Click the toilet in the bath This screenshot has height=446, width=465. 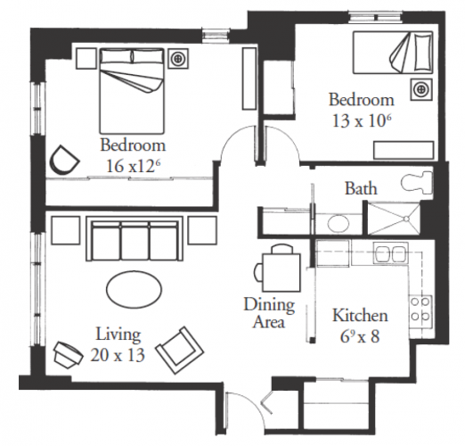[x=417, y=183]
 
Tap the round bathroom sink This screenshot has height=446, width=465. [x=339, y=223]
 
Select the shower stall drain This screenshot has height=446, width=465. [x=406, y=219]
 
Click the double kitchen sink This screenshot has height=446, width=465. [x=391, y=253]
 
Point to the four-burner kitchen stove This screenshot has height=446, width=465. [x=420, y=311]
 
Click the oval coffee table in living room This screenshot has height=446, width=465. [x=135, y=289]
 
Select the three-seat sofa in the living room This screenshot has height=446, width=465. [x=135, y=239]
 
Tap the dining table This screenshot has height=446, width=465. [x=281, y=272]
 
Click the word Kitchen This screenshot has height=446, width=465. [x=360, y=316]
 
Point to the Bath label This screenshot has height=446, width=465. [x=361, y=189]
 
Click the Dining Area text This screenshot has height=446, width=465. [x=269, y=313]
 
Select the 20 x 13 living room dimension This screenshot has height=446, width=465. [x=118, y=355]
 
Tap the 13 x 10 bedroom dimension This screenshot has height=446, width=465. [x=362, y=121]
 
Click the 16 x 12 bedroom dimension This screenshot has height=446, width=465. [x=134, y=166]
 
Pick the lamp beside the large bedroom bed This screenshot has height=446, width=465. [x=178, y=59]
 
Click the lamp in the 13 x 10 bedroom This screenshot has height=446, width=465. [x=421, y=88]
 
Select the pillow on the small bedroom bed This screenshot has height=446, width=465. [x=422, y=53]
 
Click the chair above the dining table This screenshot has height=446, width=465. [x=281, y=249]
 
